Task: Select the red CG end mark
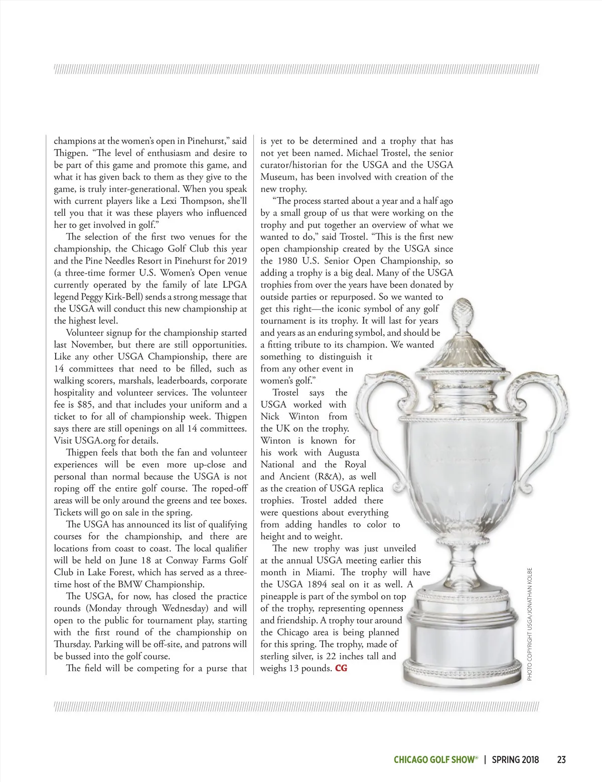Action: pyautogui.click(x=341, y=669)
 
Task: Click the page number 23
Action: pyautogui.click(x=561, y=759)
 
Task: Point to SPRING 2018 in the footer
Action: pyautogui.click(x=515, y=759)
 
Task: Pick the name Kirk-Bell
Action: pyautogui.click(x=125, y=297)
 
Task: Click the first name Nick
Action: pyautogui.click(x=270, y=417)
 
